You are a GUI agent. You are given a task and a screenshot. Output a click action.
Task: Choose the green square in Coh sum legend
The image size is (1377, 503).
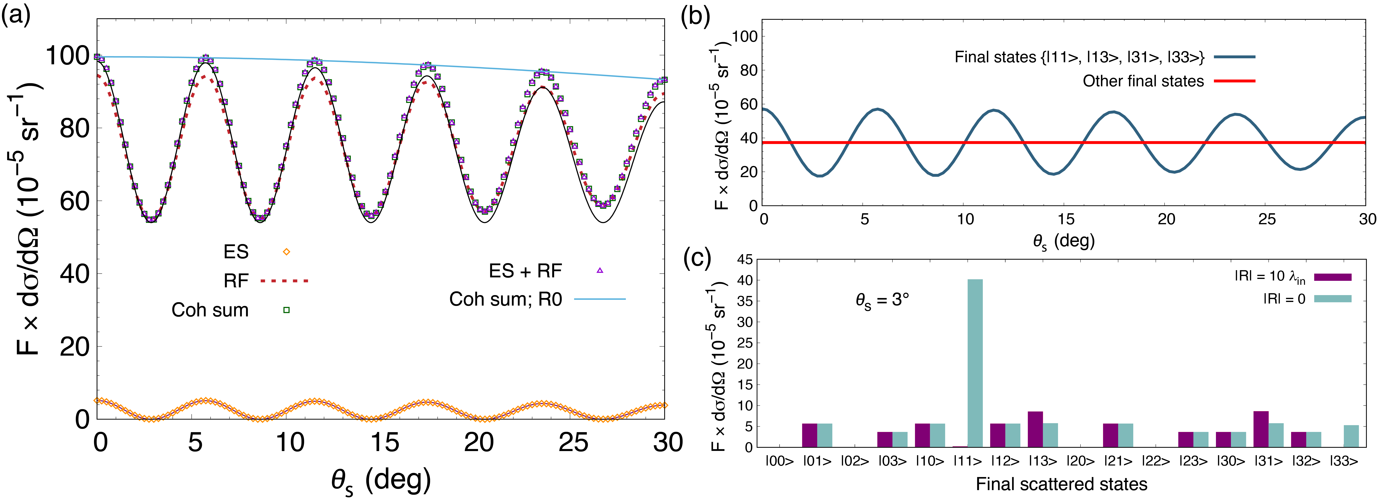287,310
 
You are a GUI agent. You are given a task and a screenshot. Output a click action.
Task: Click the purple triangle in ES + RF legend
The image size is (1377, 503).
600,271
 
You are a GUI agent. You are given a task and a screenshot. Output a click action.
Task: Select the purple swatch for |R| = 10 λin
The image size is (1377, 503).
1332,277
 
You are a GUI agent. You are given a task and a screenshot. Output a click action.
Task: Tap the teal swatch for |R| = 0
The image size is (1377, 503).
1332,299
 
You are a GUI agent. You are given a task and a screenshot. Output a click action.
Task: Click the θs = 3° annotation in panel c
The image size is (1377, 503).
882,300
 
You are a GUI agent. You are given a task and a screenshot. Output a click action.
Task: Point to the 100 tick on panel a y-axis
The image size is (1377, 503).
67,56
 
